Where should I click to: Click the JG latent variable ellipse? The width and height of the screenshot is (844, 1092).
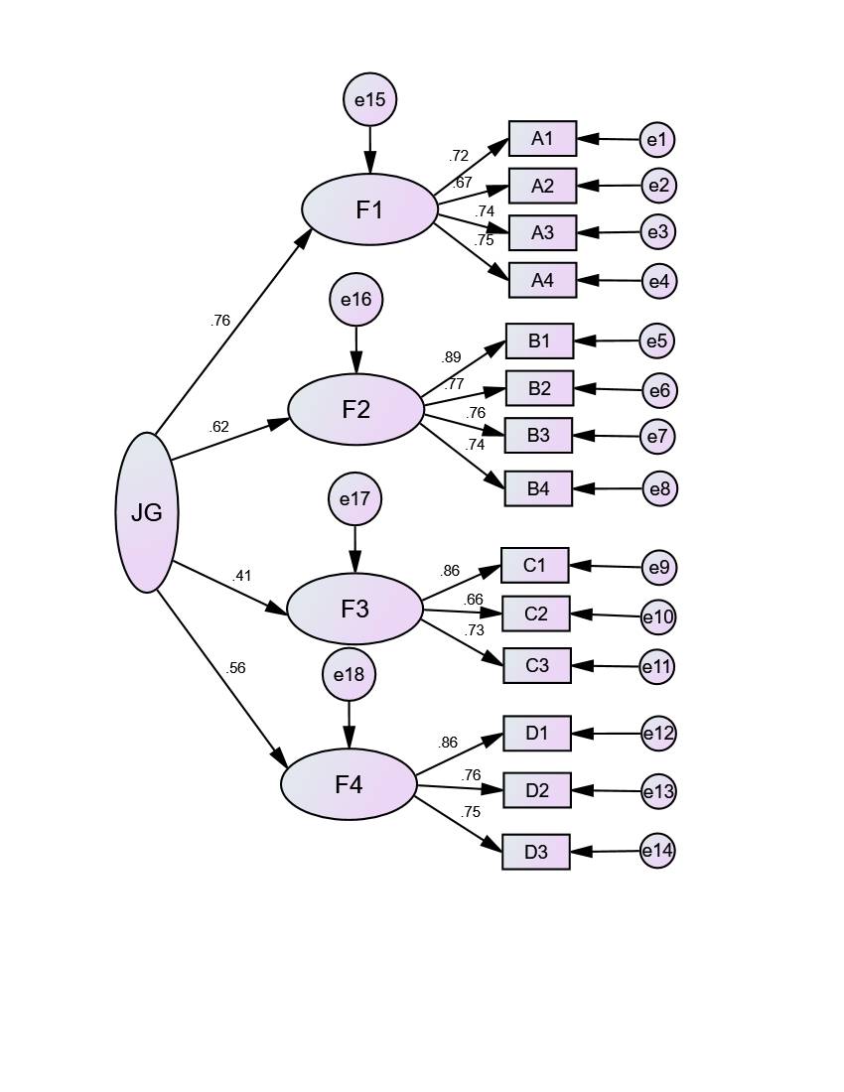147,512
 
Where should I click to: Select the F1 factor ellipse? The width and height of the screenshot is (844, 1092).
369,209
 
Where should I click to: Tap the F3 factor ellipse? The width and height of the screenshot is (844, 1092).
354,609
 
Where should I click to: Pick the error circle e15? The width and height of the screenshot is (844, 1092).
369,99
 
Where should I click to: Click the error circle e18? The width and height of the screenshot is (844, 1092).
349,675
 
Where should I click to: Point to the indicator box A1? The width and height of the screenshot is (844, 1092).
542,139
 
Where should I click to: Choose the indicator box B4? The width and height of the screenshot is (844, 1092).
538,488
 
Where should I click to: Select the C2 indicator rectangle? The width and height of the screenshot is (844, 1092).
535,614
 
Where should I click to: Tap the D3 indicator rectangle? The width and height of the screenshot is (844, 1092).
536,852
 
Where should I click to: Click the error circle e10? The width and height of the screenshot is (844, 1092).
657,617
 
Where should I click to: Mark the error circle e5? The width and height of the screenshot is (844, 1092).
656,341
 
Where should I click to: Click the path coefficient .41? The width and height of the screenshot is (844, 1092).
241,576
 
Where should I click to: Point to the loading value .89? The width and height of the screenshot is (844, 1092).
451,357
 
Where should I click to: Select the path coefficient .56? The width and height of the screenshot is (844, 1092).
235,668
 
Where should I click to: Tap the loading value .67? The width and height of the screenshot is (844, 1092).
462,183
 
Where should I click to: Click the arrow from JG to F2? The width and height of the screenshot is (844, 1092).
228,440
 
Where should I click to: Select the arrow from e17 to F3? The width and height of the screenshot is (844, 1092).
354,549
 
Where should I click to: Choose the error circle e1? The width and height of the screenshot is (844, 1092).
656,140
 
